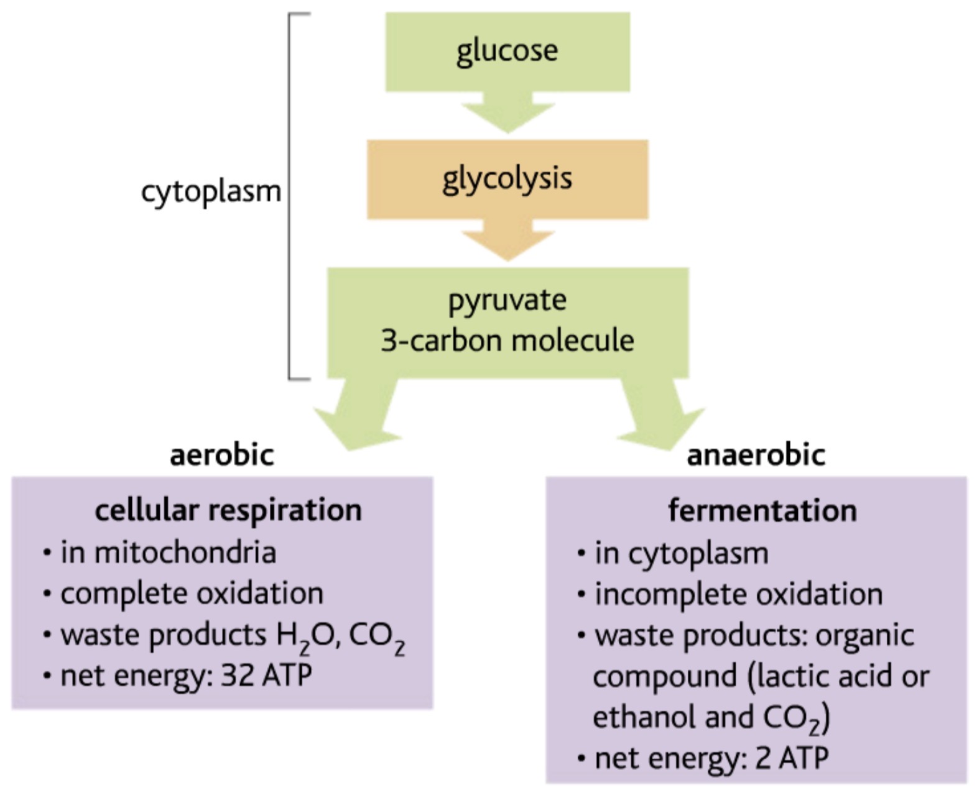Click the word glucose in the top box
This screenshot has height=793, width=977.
click(x=507, y=52)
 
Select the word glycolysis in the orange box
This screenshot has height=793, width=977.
click(x=507, y=179)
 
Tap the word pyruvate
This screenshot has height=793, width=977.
click(x=507, y=301)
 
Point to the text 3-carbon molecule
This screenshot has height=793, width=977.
click(x=507, y=341)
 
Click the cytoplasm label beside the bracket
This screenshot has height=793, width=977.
click(x=211, y=191)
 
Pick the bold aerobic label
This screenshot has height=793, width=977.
click(x=222, y=455)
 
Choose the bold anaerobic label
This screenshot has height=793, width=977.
click(x=756, y=455)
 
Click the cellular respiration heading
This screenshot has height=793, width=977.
click(x=228, y=510)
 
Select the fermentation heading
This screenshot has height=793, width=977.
click(x=762, y=511)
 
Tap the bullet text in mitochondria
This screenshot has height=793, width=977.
click(x=168, y=552)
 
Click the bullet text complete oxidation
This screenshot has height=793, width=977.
click(x=192, y=594)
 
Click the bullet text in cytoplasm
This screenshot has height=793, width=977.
click(x=681, y=553)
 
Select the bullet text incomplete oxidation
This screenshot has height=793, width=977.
click(x=738, y=594)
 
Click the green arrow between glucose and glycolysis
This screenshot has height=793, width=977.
click(x=507, y=113)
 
